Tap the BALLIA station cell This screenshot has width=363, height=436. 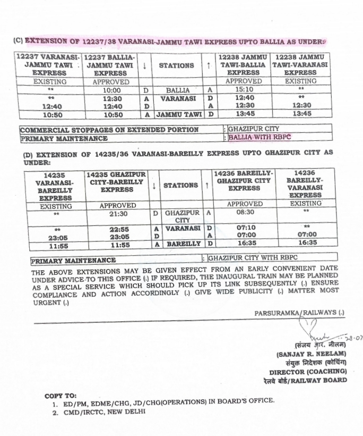point(177,90)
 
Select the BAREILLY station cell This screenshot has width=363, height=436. point(183,244)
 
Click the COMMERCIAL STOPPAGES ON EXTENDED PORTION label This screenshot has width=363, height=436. point(109,129)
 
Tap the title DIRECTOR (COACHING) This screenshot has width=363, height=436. point(308,371)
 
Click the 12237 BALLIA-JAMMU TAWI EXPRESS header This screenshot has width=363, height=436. point(110,65)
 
